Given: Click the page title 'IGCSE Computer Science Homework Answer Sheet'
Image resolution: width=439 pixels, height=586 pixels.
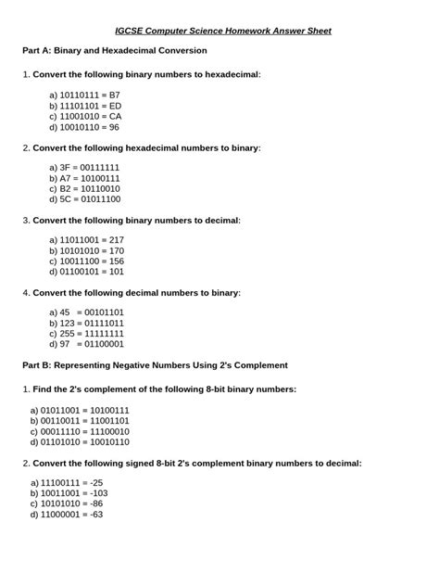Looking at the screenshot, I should (x=219, y=30).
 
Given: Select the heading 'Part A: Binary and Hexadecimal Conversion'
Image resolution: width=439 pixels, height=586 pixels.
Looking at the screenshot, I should (x=114, y=50).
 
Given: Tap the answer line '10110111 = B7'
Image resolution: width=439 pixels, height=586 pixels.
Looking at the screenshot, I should (x=83, y=95).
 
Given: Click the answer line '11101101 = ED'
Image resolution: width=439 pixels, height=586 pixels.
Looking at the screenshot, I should (x=84, y=106).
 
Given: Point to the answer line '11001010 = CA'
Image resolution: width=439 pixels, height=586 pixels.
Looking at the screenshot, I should (x=84, y=116).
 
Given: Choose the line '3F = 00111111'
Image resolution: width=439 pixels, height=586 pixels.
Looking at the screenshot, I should (x=83, y=167).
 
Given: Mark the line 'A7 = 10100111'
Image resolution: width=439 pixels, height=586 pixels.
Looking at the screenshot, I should (x=83, y=178).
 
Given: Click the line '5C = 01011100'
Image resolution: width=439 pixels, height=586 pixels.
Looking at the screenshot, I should (x=84, y=198).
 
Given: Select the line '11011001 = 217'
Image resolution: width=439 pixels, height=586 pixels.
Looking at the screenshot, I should (x=85, y=239).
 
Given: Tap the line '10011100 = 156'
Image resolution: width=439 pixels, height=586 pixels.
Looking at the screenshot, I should (x=85, y=261).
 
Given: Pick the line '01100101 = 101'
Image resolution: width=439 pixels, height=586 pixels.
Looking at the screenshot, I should (x=85, y=271).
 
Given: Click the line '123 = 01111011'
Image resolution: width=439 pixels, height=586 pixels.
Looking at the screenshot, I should (x=85, y=323).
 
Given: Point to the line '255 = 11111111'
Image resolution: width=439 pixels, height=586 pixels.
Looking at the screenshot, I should (x=85, y=333).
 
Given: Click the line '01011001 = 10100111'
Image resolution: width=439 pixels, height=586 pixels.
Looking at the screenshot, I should (x=79, y=410).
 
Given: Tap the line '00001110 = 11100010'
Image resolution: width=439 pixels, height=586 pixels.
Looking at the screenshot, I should (x=79, y=431).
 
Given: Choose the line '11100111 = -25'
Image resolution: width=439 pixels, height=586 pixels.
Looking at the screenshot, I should (x=66, y=483).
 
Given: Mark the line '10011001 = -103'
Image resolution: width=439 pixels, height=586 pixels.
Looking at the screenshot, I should (x=69, y=493).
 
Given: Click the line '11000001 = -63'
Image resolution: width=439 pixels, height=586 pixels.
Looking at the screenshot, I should (x=66, y=514).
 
